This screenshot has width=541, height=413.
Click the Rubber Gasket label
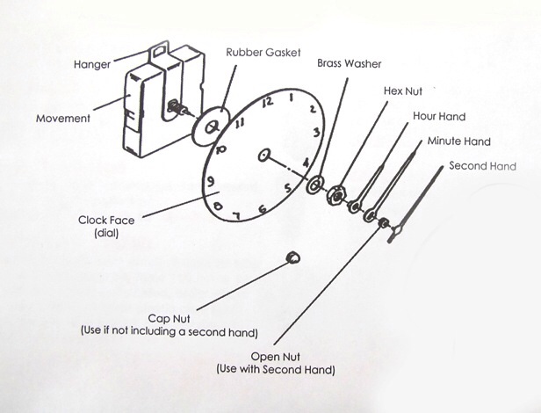tap(261, 52)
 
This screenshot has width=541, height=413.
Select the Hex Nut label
tap(404, 91)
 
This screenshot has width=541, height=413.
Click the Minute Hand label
tap(458, 141)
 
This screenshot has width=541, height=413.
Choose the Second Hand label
tap(482, 165)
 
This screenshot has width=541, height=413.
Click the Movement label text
tap(63, 119)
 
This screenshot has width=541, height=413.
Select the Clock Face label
tap(105, 221)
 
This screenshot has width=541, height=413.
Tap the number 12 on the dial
tap(268, 102)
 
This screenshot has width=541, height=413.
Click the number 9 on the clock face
tap(209, 183)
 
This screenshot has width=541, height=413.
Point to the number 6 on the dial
tap(262, 209)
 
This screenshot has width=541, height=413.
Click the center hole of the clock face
tap(263, 156)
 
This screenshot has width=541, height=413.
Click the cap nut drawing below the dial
tap(292, 257)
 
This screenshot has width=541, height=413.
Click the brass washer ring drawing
tap(314, 185)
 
